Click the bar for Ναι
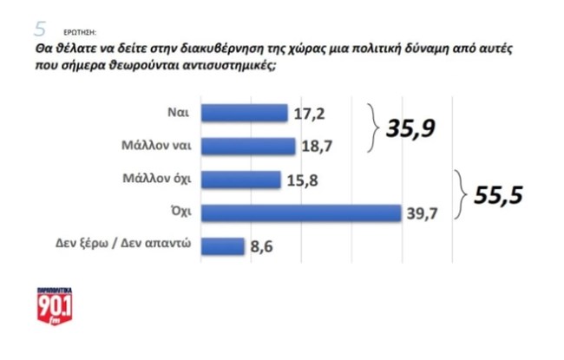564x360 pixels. (244, 114)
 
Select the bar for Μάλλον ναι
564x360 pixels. (248, 147)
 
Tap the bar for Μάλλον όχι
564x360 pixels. (241, 180)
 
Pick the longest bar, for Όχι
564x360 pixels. (301, 213)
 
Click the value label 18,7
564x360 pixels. (317, 147)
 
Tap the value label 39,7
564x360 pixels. (423, 213)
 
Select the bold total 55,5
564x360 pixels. (499, 197)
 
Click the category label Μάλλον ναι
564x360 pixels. (167, 147)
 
